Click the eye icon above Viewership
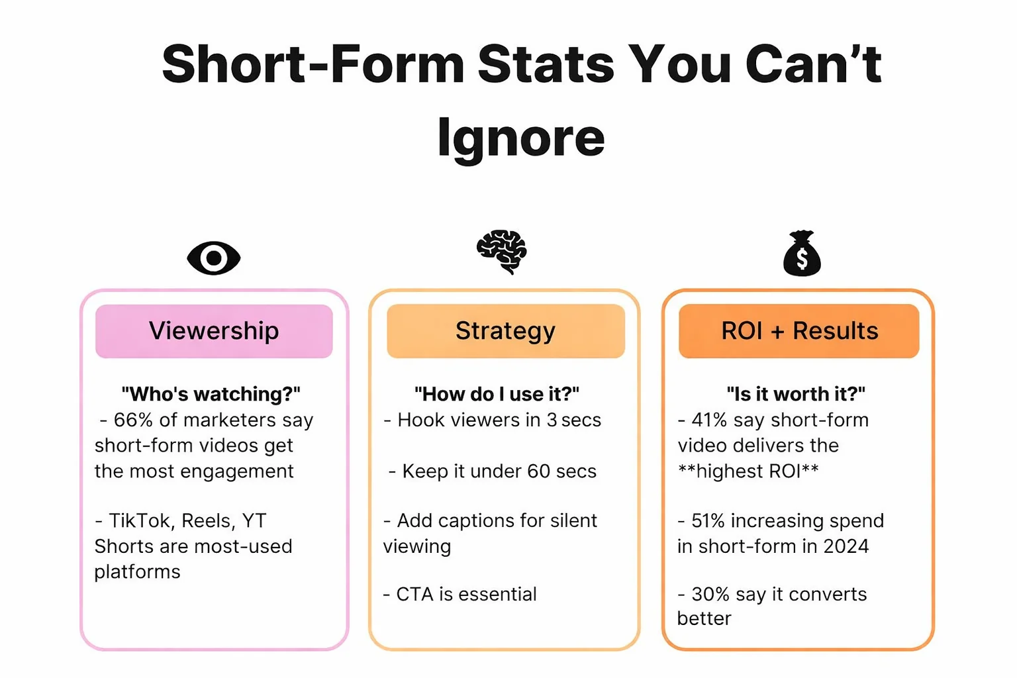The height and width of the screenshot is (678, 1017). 213,258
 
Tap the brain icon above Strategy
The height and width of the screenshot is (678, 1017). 502,252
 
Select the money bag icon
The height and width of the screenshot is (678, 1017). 802,254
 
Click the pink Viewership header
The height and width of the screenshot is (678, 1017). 214,331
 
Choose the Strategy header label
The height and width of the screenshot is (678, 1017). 506,331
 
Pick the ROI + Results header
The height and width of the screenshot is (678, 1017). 799,331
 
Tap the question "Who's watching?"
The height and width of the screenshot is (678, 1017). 211,394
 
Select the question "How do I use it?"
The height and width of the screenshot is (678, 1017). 497,394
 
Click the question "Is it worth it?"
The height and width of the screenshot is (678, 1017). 796,394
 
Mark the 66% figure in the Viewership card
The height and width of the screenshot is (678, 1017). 133,420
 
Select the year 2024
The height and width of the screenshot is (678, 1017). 846,546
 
